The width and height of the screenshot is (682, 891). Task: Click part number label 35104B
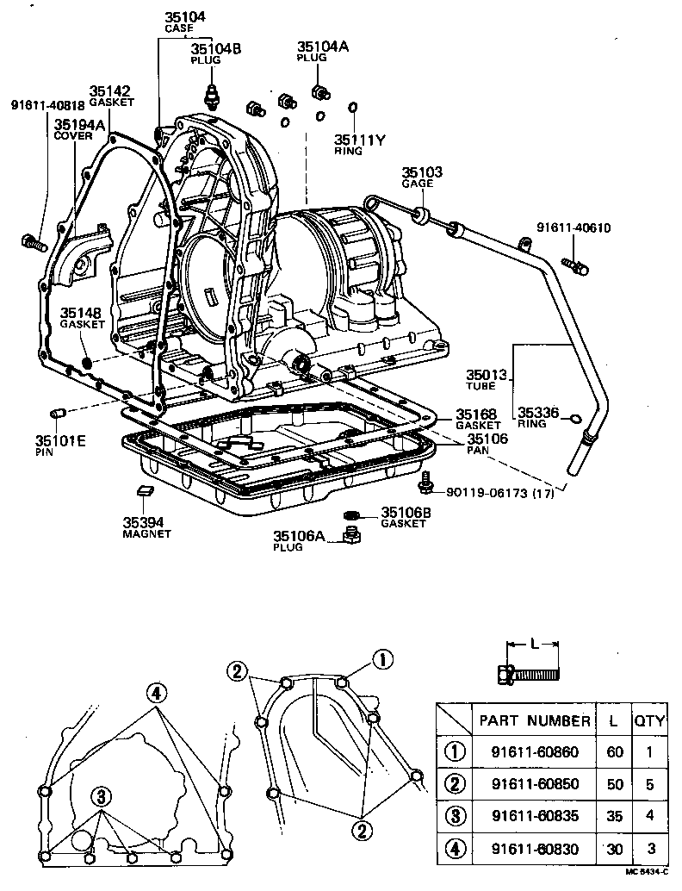216,48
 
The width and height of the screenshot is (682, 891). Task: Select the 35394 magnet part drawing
145,491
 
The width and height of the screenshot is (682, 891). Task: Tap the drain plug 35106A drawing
350,539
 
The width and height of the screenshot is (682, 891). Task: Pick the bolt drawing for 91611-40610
574,265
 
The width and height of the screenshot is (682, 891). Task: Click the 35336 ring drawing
575,419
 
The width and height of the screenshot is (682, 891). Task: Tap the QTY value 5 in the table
649,784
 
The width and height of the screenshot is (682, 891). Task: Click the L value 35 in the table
614,817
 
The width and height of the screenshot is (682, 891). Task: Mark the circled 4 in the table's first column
454,850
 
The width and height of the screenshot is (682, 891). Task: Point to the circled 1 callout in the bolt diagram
382,660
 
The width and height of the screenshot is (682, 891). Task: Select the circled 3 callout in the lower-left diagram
101,796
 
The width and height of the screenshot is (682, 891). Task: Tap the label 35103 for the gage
422,172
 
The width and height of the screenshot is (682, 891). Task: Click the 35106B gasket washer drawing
350,516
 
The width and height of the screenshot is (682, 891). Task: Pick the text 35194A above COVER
79,124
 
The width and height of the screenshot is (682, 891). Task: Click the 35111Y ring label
358,139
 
